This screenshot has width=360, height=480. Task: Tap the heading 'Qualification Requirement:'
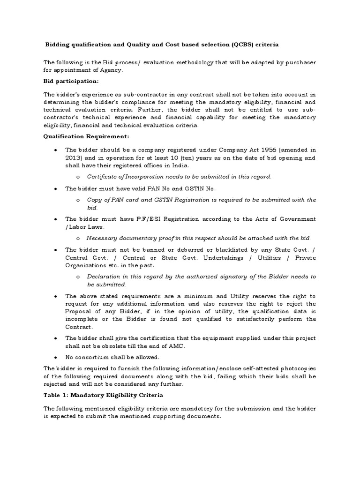pos(86,136)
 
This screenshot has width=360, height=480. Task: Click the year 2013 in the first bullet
pos(74,157)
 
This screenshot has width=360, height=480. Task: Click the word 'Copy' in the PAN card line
pos(94,200)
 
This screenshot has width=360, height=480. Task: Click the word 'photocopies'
pos(298,369)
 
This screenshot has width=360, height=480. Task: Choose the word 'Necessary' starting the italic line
pos(101,238)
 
